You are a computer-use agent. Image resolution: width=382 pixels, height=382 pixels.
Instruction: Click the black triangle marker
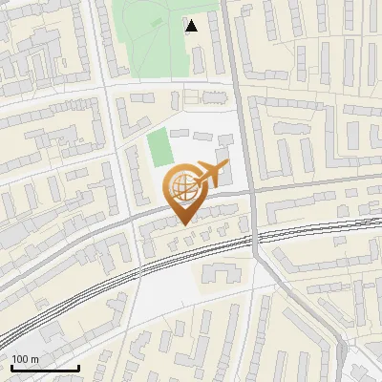tap(192, 26)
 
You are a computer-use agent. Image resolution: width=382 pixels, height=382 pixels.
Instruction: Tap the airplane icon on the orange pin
tap(209, 174)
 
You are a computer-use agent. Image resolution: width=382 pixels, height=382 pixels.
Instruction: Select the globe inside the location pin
tap(182, 186)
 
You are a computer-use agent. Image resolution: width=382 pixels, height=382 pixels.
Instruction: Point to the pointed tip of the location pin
tap(183, 223)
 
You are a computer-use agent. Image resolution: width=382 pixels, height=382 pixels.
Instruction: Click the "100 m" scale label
tap(26, 358)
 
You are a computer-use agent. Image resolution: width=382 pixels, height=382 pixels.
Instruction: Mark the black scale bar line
tap(45, 368)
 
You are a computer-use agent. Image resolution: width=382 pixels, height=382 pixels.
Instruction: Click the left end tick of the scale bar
tap(11, 366)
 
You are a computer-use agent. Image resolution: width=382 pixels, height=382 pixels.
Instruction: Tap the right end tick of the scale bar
tap(78, 366)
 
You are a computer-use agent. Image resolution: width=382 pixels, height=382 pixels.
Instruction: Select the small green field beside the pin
tap(159, 148)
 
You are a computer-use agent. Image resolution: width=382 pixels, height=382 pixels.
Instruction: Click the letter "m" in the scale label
tap(35, 358)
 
